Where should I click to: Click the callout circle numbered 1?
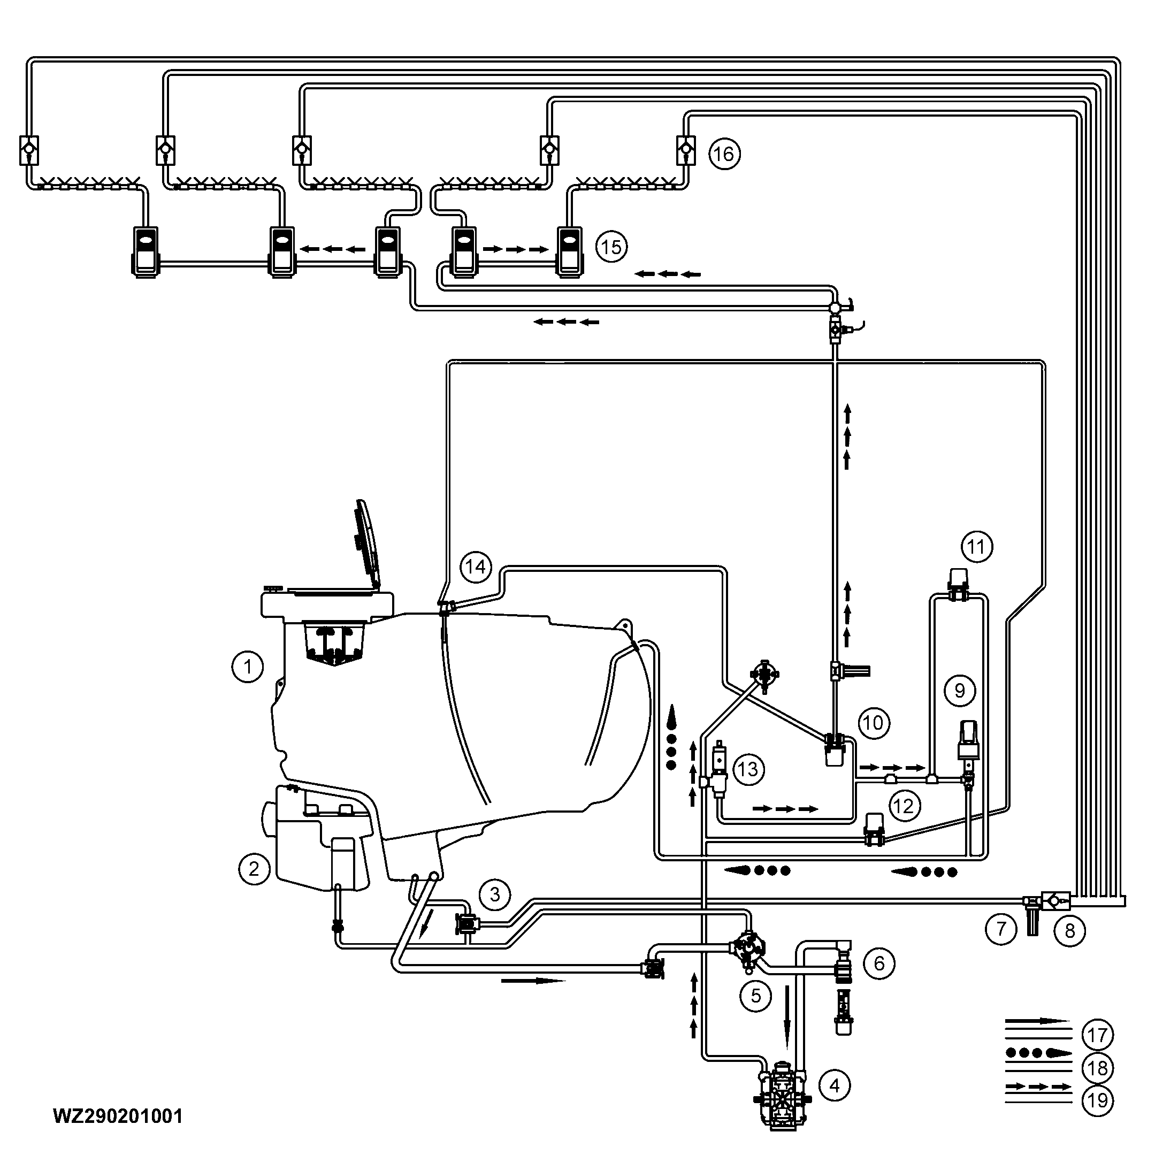(x=248, y=666)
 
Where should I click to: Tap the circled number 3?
(x=495, y=894)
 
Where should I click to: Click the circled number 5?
(x=756, y=996)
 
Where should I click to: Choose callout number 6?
(x=879, y=963)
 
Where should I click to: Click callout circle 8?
(x=1069, y=931)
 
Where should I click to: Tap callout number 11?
(x=976, y=546)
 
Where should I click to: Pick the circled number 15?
(x=611, y=246)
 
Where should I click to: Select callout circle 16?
(x=724, y=154)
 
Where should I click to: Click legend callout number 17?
(x=1097, y=1035)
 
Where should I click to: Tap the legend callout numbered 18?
(x=1097, y=1068)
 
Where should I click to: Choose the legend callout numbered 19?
(x=1097, y=1100)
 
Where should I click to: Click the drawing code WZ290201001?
(x=118, y=1115)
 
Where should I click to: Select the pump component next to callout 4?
(x=782, y=1095)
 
